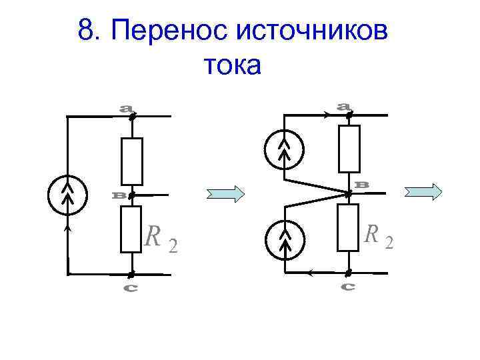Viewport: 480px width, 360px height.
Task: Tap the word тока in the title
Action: pos(231,65)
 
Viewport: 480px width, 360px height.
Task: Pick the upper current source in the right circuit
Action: pos(284,149)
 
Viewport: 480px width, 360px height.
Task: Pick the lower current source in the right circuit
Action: pos(284,239)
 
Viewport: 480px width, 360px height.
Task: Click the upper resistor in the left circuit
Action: pos(131,161)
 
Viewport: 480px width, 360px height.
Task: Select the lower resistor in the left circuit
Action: pos(131,229)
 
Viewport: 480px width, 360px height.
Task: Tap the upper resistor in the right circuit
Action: pos(349,148)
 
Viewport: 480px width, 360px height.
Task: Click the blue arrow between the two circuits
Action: pos(226,194)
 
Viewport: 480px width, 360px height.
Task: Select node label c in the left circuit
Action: pos(131,288)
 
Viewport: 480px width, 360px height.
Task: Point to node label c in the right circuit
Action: pos(347,287)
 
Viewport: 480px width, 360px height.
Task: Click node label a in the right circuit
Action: pos(344,105)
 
